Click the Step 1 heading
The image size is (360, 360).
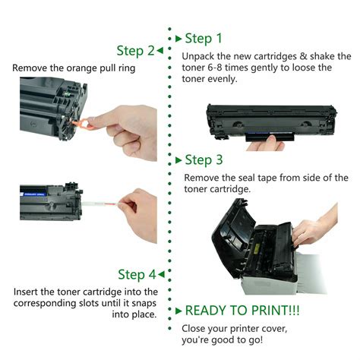(x=204, y=38)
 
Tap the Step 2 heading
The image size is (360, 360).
(x=135, y=51)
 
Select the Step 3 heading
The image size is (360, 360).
(x=204, y=160)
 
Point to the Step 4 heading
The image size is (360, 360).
(x=137, y=274)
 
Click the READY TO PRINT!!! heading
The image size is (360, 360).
(x=237, y=311)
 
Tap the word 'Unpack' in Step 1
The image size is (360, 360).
(x=199, y=56)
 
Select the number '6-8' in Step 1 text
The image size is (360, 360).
(x=219, y=68)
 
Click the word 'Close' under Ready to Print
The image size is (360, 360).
(x=195, y=328)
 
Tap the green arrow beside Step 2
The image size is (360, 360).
(x=161, y=51)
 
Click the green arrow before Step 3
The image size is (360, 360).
(x=178, y=160)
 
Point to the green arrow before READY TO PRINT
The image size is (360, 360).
(x=178, y=311)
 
